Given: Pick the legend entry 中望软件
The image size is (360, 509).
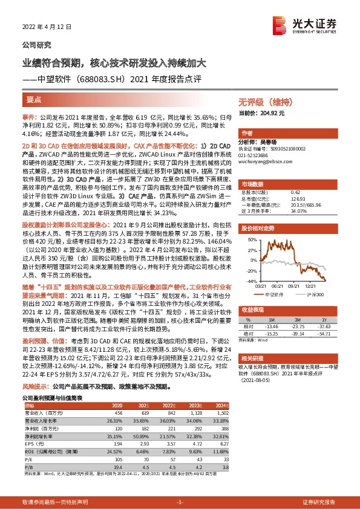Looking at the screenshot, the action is pos(273,293).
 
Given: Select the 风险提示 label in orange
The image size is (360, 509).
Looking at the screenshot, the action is pos(36,368).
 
